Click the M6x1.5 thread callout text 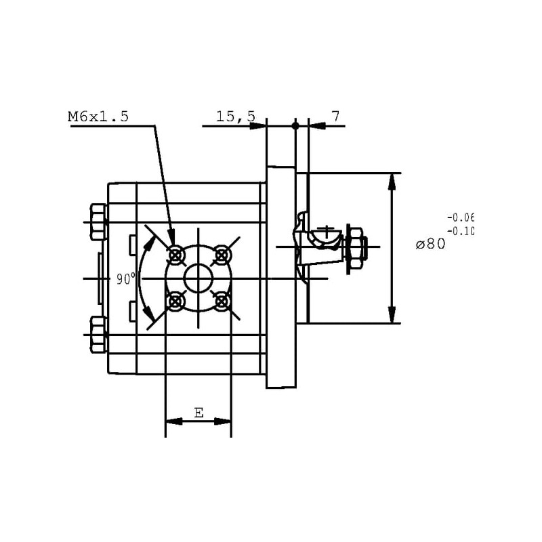98,117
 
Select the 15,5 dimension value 236,116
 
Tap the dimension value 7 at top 336,116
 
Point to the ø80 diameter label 431,244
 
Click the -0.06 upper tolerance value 461,217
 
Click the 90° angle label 126,278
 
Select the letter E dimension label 199,413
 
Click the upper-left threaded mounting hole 175,256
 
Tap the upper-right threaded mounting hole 222,256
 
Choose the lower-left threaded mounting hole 175,301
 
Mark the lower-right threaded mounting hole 222,301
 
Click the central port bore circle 199,278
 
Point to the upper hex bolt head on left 98,222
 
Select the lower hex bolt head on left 98,335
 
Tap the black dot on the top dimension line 295,126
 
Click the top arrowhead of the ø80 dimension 392,182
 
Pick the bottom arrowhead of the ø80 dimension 392,314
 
